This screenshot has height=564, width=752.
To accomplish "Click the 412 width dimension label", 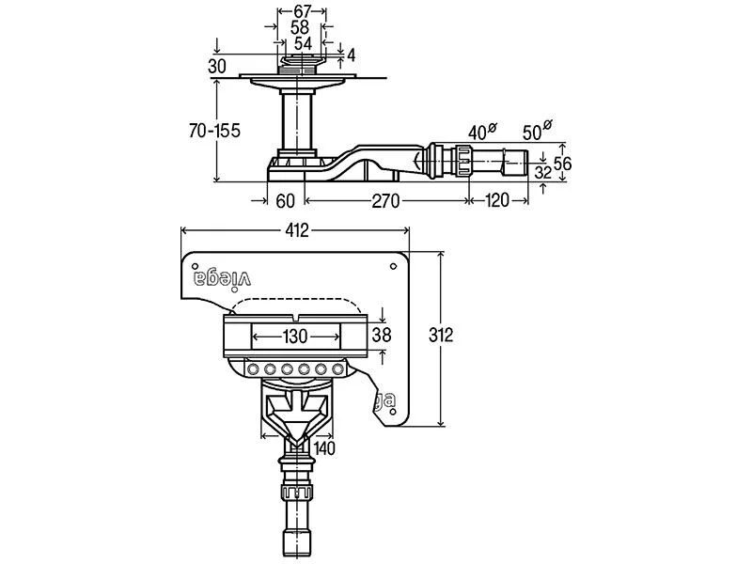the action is tap(297, 231).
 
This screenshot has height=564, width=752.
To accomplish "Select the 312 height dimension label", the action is tap(440, 335).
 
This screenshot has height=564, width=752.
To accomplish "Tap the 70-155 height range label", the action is tap(214, 131).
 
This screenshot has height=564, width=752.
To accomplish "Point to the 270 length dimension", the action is tap(385, 200).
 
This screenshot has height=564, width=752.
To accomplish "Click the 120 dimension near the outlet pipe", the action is tap(497, 200).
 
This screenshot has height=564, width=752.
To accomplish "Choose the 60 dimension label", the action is tap(286, 200).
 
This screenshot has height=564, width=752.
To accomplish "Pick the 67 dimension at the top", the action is tap(302, 11).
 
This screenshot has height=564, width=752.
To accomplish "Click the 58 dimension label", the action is tap(300, 27).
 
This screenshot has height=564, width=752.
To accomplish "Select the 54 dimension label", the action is tap(303, 43).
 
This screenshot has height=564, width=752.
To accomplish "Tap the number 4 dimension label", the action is tap(351, 55).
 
